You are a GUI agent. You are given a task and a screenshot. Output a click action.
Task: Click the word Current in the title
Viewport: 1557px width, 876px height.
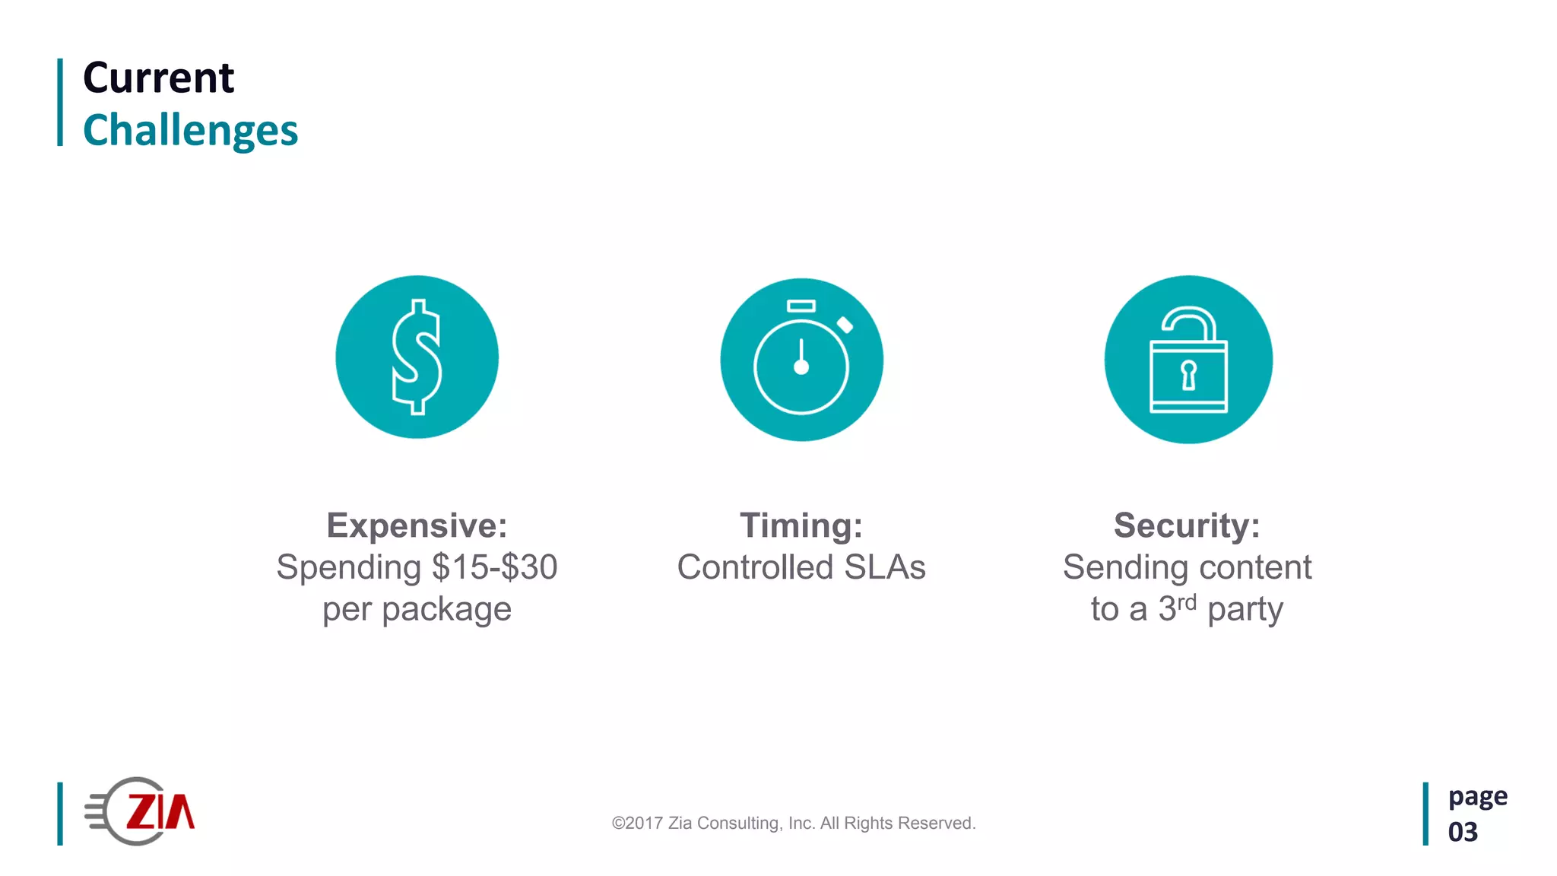click(158, 78)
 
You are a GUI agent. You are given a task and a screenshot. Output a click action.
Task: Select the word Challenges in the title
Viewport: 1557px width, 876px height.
click(190, 131)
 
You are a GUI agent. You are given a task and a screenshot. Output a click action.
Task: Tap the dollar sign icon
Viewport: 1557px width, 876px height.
click(417, 357)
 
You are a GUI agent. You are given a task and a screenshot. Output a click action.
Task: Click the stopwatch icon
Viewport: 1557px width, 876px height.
click(801, 360)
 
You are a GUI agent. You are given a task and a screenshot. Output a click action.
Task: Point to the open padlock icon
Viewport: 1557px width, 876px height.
click(1188, 360)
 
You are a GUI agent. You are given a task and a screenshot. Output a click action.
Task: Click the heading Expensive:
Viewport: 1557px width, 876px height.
click(417, 525)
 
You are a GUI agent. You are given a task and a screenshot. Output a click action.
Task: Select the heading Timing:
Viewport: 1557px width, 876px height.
click(801, 525)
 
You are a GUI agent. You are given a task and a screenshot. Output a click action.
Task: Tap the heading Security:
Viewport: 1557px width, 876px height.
click(1187, 525)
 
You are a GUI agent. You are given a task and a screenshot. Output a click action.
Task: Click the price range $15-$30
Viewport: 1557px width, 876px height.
click(495, 567)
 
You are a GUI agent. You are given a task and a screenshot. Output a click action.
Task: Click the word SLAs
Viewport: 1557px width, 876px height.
click(885, 567)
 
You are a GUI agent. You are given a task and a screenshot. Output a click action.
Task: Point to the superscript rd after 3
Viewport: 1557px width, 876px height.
click(1187, 602)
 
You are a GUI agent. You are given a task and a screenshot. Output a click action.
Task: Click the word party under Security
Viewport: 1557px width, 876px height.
click(1245, 610)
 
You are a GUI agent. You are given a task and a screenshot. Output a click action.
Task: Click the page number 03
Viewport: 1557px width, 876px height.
click(1463, 832)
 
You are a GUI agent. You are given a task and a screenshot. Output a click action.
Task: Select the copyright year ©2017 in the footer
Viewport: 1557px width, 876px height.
click(637, 824)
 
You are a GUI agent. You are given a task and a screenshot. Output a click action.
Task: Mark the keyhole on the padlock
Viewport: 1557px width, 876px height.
click(1188, 375)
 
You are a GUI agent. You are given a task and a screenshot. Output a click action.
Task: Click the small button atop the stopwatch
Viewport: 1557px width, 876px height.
click(801, 306)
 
